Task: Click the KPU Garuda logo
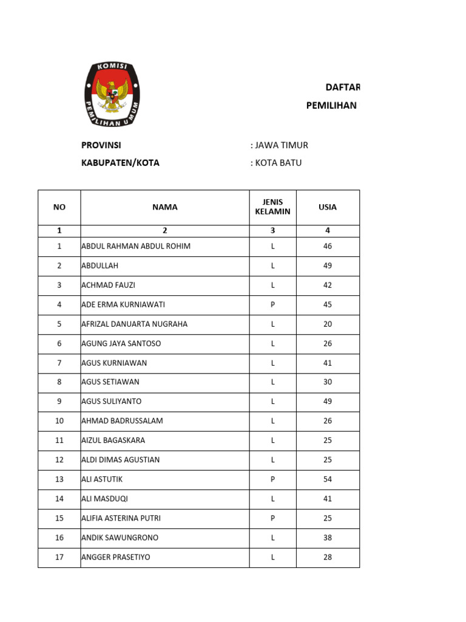[x=112, y=95]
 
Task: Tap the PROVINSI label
[x=101, y=145]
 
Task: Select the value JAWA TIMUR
[x=282, y=145]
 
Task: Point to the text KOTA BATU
[x=278, y=163]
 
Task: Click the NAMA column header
[x=165, y=207]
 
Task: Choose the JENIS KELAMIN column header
[x=273, y=207]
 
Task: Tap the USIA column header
[x=328, y=207]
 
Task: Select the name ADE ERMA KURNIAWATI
[x=123, y=304]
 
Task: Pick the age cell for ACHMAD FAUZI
[x=328, y=285]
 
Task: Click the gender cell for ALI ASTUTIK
[x=273, y=479]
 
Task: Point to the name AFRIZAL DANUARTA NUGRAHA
[x=135, y=324]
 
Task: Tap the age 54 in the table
[x=328, y=479]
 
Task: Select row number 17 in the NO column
[x=59, y=557]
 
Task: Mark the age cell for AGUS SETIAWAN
[x=328, y=382]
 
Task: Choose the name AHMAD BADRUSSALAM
[x=122, y=421]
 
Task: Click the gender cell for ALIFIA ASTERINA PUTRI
[x=273, y=518]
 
